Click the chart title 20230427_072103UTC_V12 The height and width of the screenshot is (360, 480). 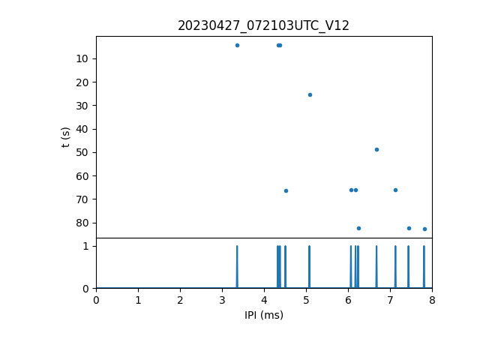click(263, 25)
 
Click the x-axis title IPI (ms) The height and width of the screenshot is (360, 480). click(264, 315)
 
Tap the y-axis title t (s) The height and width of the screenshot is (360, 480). click(66, 136)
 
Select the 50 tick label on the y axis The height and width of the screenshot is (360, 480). click(82, 152)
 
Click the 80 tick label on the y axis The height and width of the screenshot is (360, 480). click(82, 223)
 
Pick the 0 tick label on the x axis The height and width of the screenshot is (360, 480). click(96, 300)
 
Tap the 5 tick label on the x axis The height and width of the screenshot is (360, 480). click(306, 300)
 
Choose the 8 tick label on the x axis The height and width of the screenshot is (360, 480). click(432, 300)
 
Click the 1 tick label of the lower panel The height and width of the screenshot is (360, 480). click(85, 246)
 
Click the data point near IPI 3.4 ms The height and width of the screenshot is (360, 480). click(237, 45)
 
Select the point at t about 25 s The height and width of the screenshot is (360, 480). click(310, 94)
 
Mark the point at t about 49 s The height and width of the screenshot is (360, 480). click(376, 149)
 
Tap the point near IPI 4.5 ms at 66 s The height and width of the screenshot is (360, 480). click(286, 190)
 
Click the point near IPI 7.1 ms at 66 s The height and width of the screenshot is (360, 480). click(395, 190)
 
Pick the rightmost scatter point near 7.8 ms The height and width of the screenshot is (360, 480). click(424, 229)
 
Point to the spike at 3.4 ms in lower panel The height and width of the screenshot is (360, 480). click(237, 266)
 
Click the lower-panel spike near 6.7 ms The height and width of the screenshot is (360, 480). click(376, 266)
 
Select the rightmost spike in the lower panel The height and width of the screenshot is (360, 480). click(424, 266)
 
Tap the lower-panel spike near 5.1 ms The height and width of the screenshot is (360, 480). click(309, 266)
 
